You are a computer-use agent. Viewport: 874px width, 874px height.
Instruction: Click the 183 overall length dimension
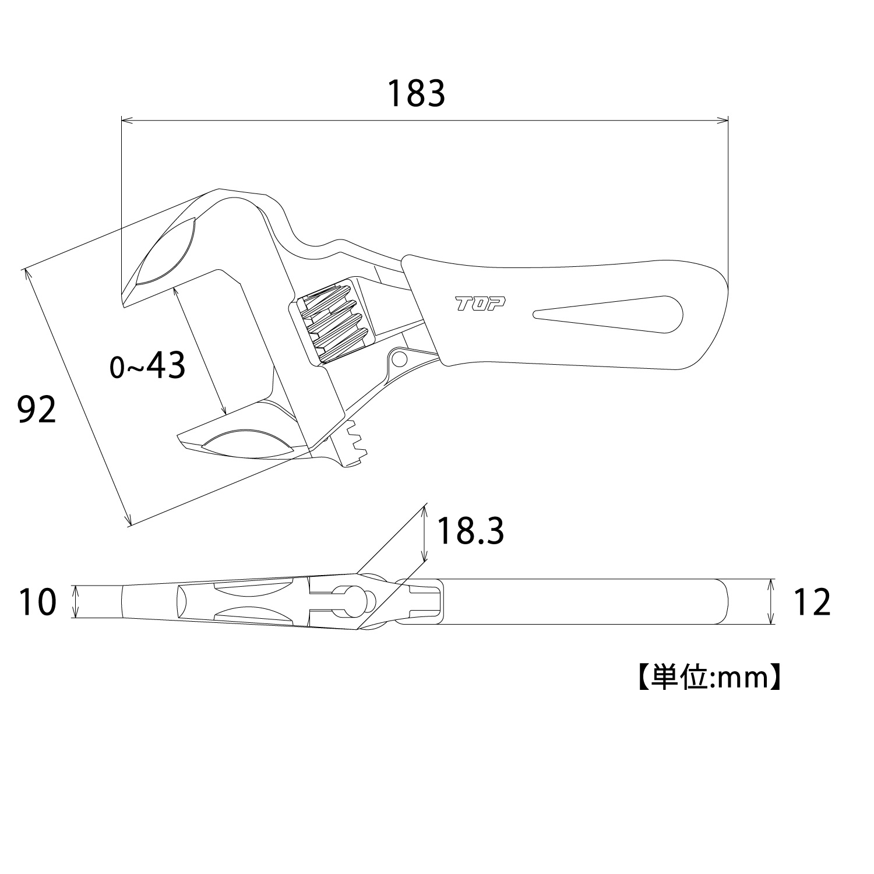coord(416,93)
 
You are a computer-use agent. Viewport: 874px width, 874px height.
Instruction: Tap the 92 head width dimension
coord(37,410)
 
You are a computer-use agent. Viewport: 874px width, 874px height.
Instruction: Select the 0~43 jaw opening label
coord(148,366)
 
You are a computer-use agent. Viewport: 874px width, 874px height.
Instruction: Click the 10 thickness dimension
coord(38,602)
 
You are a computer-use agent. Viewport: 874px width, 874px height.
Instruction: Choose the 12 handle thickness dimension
coord(812,602)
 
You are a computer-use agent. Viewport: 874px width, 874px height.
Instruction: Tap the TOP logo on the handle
coord(481,304)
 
